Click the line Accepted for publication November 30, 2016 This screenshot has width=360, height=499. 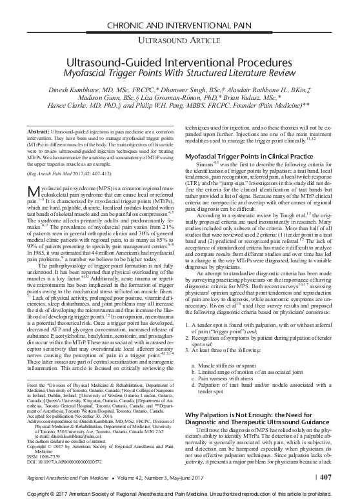click(68, 415)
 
